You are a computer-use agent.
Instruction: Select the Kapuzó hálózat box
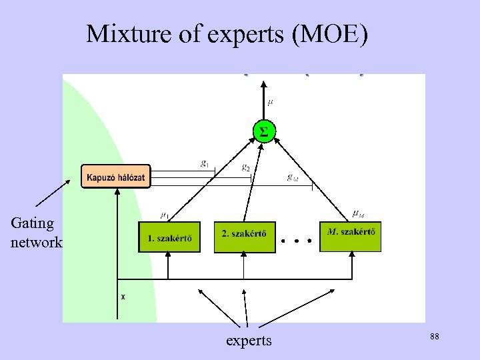coord(116,177)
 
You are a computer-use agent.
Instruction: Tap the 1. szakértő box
coord(169,237)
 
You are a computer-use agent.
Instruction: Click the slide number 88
coord(434,338)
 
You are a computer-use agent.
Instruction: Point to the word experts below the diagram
coord(249,341)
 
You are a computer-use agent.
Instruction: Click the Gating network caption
coord(35,232)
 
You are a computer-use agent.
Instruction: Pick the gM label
coord(292,177)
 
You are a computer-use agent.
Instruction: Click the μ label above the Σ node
coord(270,102)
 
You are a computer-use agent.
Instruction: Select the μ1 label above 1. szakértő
coord(164,214)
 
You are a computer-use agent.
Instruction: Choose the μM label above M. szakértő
coord(358,213)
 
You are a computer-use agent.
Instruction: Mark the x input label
coord(123,297)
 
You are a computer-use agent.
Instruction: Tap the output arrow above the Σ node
coord(264,97)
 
